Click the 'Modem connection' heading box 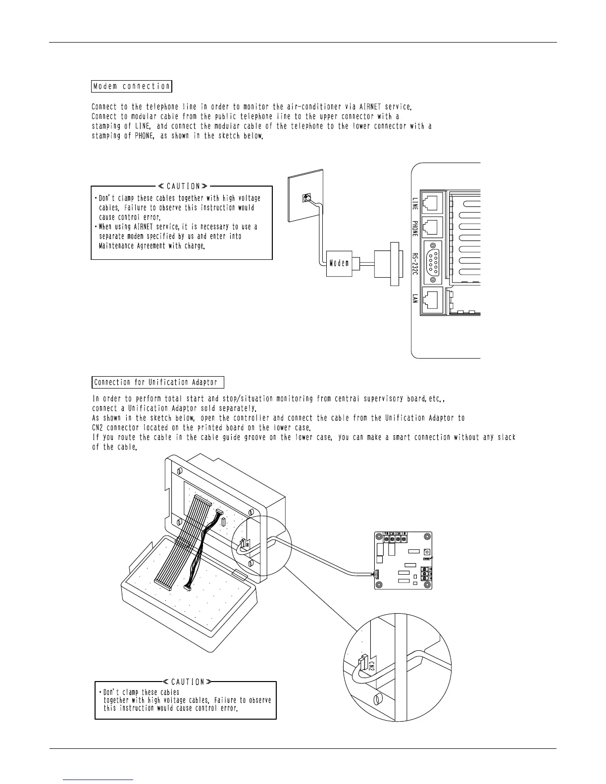pos(132,87)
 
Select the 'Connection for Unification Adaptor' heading pos(158,383)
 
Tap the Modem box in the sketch pos(339,263)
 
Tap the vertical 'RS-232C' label pos(415,268)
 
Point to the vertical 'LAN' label pos(415,299)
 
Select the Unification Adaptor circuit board pos(403,560)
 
